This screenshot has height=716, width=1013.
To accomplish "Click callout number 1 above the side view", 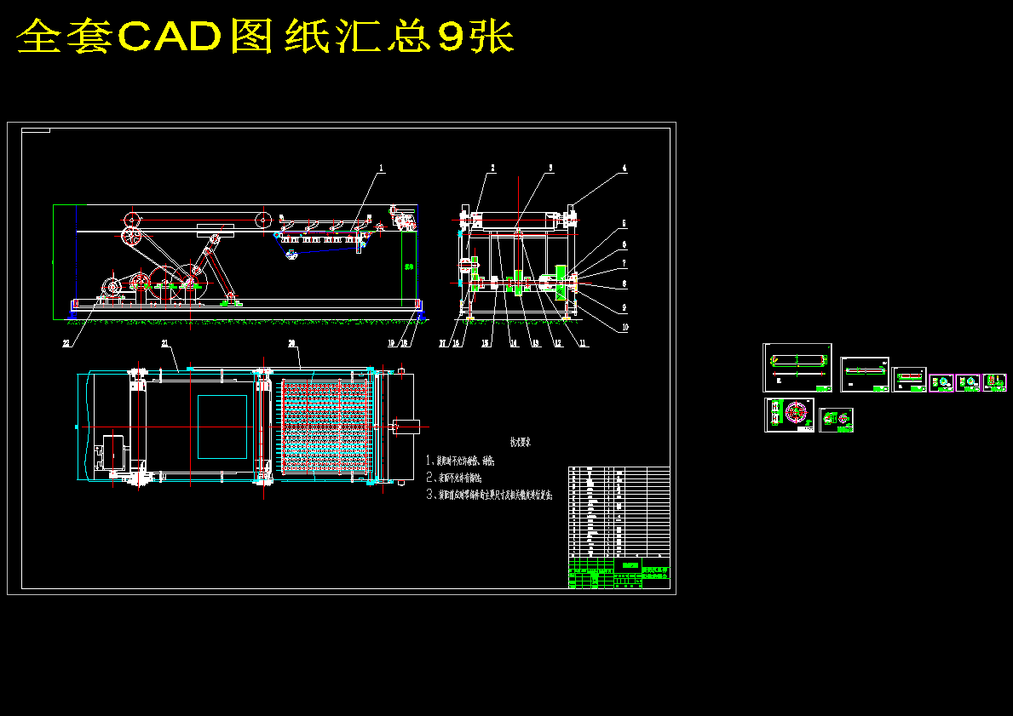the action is coord(382,169).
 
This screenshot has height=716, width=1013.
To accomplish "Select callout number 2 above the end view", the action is coord(492,169).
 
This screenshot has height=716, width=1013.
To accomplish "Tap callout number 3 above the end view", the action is coord(550,169).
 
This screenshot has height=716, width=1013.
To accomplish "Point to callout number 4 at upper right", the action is coord(624,169).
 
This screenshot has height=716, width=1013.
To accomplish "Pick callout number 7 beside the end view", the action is coord(624,263).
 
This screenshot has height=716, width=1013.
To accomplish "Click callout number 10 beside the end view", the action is coord(624,327).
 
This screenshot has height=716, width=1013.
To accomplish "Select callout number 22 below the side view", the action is coord(66,343).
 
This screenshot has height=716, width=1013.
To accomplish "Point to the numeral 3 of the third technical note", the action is coord(430,493).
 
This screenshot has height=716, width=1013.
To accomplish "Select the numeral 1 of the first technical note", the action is coord(430,461).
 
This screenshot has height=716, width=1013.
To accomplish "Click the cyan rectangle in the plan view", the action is coord(222,427).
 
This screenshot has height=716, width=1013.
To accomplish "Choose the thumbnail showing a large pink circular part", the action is coord(789,415).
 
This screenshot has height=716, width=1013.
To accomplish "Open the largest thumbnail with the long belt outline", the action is coord(797,368).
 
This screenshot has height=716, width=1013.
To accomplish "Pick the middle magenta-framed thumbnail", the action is coord(968,383).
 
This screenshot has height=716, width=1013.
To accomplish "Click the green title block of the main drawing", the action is coord(630,564).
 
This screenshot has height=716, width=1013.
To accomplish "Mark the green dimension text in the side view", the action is coord(409,266).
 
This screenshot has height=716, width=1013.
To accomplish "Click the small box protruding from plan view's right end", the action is coord(407,425).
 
